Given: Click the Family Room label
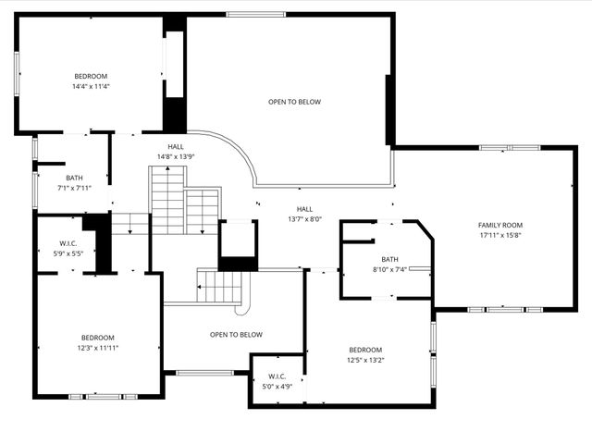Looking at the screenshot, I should tap(499, 225).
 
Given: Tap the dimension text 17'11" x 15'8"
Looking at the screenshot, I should tap(499, 235).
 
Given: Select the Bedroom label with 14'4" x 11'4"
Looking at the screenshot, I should tap(92, 76).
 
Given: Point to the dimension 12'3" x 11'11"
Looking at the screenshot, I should tap(98, 348).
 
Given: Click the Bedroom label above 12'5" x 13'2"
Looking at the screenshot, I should tap(364, 350).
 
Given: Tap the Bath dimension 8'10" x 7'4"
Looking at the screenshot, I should tap(389, 269).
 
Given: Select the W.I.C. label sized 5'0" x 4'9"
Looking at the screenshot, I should tap(277, 376).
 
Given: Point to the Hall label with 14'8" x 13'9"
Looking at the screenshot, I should tap(176, 147).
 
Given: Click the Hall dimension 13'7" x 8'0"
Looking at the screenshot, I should tap(304, 219).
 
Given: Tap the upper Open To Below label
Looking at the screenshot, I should tap(294, 102).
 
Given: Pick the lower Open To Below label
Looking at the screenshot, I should tap(236, 335).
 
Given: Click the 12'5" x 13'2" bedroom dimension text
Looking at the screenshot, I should tap(364, 360).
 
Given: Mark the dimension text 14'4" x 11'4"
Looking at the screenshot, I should tap(92, 86).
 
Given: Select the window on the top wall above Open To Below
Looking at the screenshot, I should tap(256, 14).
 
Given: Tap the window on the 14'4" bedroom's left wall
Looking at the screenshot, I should tap(17, 71).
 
